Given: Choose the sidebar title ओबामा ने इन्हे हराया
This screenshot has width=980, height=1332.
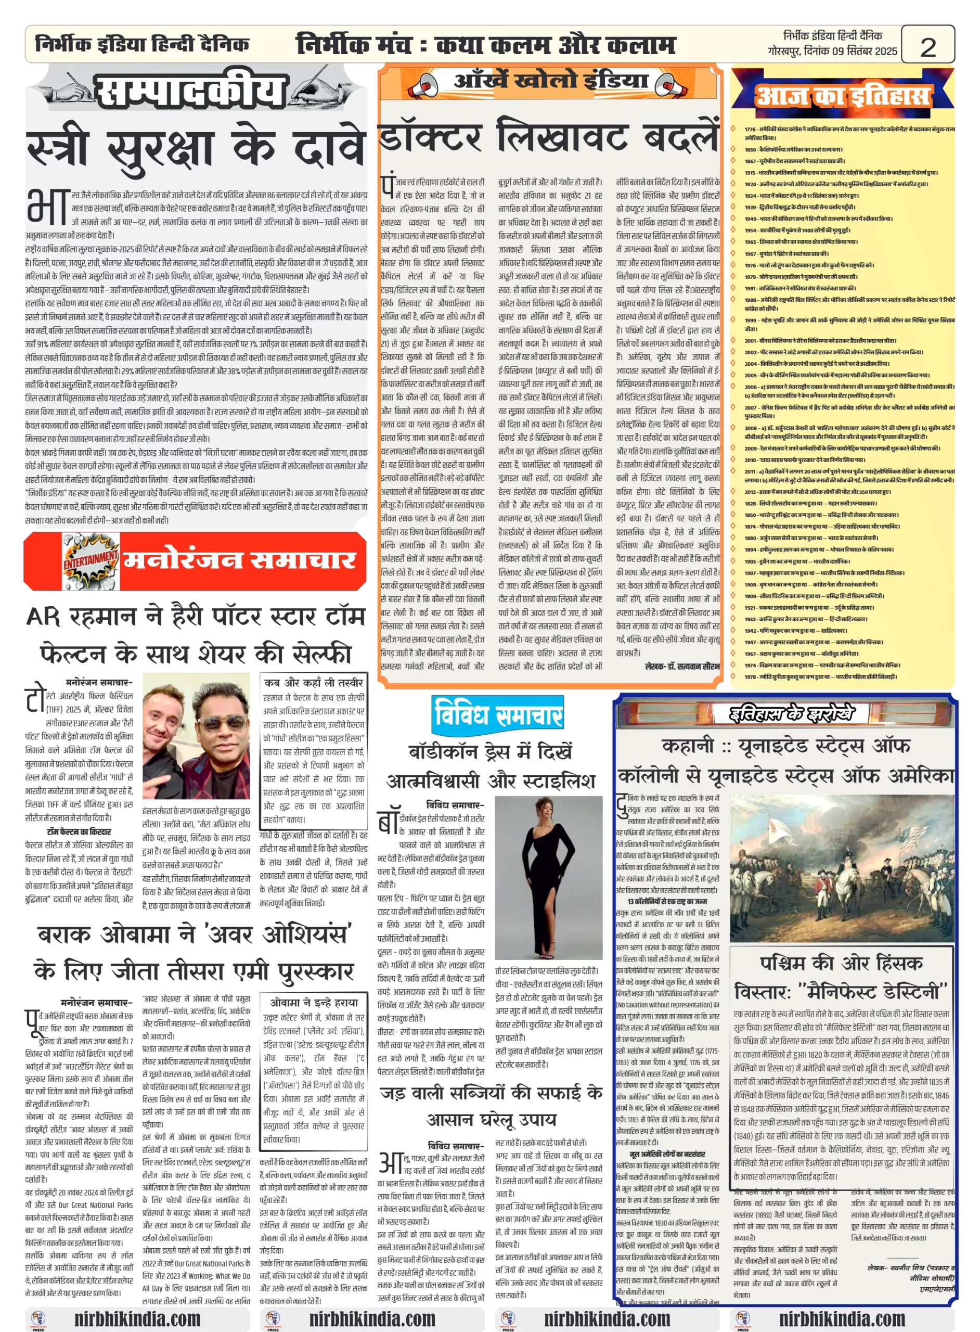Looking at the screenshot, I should click(x=313, y=1002).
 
